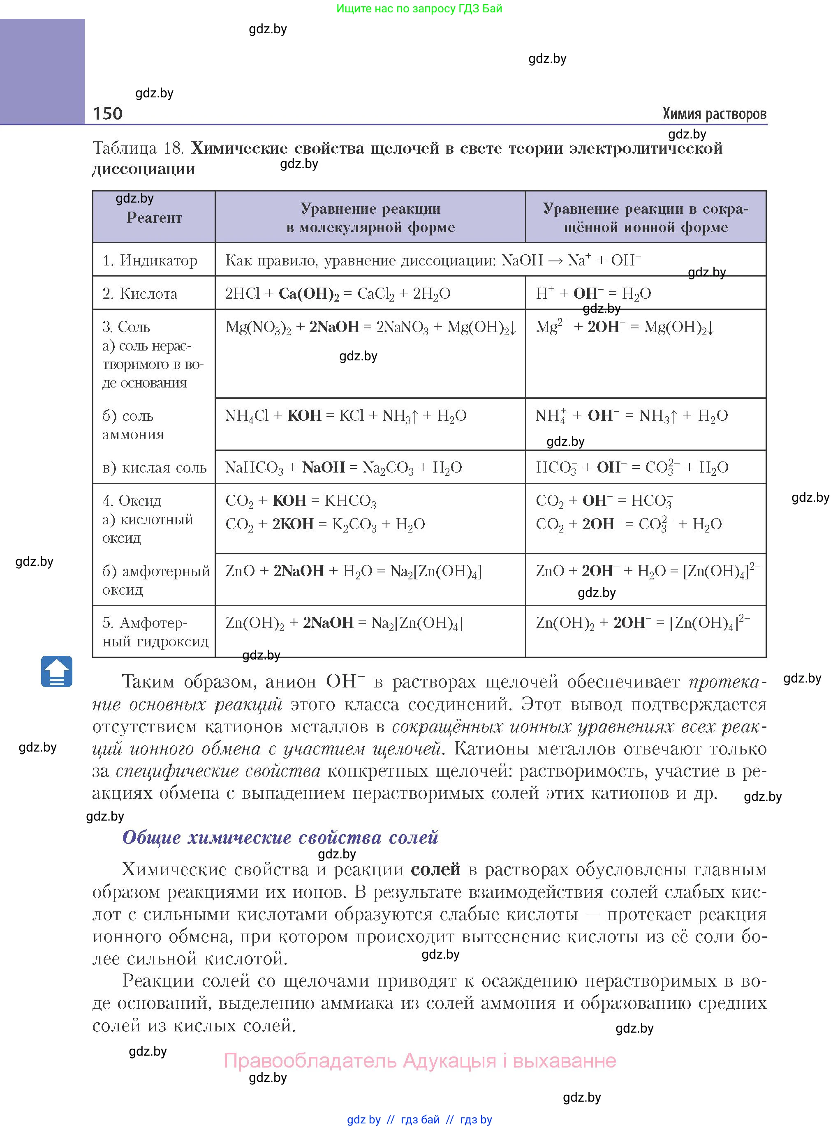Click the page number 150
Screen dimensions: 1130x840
[108, 113]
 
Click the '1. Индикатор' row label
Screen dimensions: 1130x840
[150, 261]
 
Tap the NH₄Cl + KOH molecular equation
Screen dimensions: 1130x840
[346, 415]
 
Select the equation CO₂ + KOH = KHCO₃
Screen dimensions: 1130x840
[301, 501]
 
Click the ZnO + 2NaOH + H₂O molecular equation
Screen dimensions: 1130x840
[353, 571]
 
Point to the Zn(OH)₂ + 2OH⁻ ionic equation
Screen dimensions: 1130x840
[642, 623]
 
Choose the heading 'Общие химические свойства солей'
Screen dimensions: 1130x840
[280, 837]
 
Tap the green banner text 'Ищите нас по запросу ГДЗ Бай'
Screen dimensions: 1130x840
[419, 9]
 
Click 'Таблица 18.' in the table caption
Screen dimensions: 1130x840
[138, 148]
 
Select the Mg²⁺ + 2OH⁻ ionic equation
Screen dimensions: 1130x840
[625, 327]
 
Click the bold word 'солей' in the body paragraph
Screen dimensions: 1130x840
[435, 869]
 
